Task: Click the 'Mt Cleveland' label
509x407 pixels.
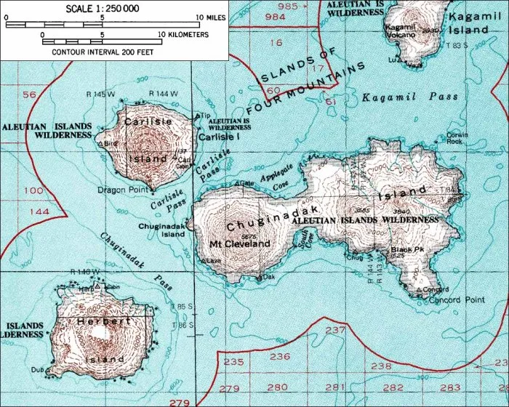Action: [x=239, y=243]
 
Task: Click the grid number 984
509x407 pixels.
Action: [x=276, y=16]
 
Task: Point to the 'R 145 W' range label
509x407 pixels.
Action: [x=100, y=94]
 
